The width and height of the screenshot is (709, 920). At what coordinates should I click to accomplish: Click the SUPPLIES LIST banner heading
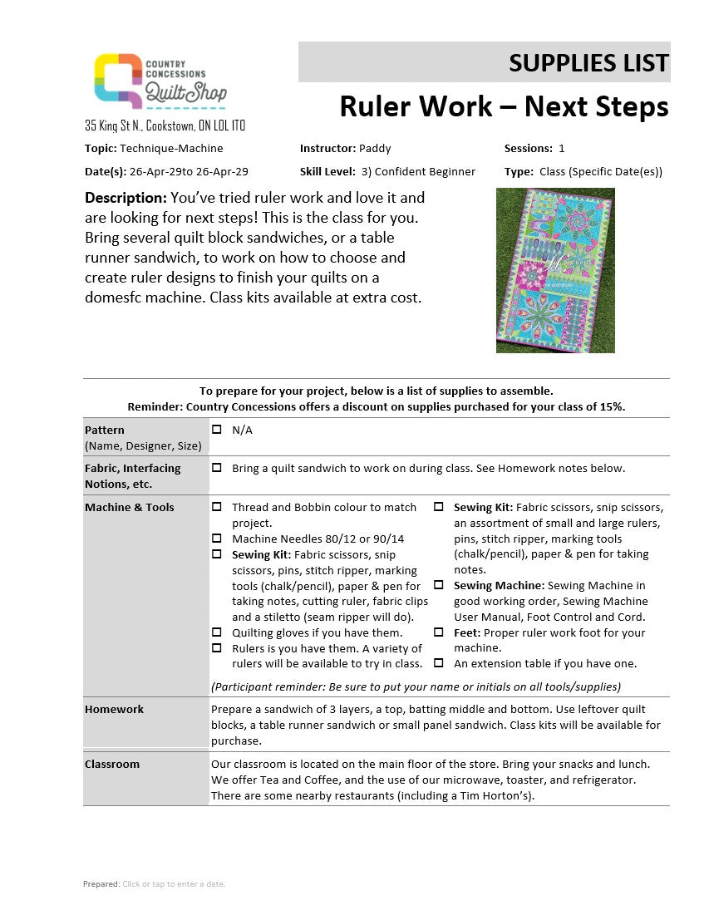click(588, 62)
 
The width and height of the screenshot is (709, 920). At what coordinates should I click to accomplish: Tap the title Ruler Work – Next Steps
click(504, 107)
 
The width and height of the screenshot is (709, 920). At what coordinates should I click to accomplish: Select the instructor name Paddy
click(375, 149)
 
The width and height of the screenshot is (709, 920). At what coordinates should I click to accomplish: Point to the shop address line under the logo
click(165, 126)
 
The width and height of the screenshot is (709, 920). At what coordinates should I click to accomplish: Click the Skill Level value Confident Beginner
click(426, 172)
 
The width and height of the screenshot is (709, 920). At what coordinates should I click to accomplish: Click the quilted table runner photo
click(555, 270)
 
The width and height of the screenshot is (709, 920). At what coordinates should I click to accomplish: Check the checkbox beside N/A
click(217, 430)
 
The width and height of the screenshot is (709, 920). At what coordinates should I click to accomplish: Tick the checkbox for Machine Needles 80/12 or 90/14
click(217, 539)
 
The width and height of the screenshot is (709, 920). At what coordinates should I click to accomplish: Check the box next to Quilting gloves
click(217, 632)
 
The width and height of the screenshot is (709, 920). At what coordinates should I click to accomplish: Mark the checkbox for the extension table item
click(438, 663)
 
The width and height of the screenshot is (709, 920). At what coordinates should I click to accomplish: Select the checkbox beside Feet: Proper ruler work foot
click(438, 632)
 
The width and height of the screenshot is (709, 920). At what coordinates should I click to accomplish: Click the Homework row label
click(114, 710)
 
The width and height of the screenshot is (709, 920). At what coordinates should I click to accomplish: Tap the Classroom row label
click(112, 765)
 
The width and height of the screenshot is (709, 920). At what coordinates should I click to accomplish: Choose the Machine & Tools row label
click(129, 508)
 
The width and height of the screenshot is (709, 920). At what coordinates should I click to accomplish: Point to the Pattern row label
click(105, 430)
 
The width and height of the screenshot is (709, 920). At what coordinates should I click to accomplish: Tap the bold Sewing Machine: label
click(499, 586)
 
